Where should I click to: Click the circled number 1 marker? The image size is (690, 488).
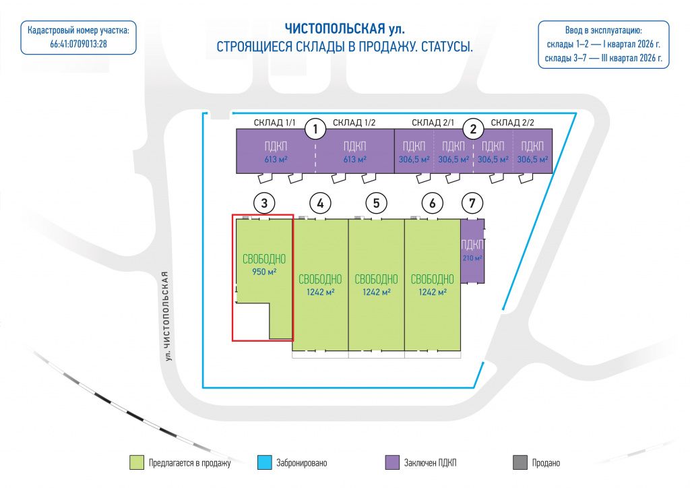(x=315, y=129)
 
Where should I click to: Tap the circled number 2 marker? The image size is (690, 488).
(x=473, y=129)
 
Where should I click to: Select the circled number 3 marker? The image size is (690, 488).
(x=264, y=204)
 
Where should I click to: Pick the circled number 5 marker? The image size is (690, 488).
(x=376, y=204)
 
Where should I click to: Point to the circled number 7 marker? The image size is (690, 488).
(x=472, y=204)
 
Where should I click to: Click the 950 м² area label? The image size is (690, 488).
(x=264, y=272)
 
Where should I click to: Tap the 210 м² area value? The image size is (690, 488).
(x=472, y=258)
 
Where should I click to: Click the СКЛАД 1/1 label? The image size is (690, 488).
(x=275, y=123)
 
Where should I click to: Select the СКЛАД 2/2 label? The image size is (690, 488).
(x=512, y=123)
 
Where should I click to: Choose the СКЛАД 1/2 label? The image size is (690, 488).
(x=354, y=123)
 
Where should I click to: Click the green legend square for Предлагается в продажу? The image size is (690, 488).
(x=137, y=462)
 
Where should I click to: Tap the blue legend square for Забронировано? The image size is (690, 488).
(x=264, y=462)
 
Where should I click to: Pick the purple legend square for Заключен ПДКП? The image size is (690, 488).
(x=392, y=462)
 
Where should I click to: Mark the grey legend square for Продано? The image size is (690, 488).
(x=520, y=462)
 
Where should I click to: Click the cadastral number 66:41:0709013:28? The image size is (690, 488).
(x=78, y=44)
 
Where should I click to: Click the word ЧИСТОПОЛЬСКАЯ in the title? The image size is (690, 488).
(x=335, y=29)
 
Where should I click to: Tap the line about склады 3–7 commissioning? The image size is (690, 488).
(x=603, y=58)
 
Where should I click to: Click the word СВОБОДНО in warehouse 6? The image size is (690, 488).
(x=432, y=280)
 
